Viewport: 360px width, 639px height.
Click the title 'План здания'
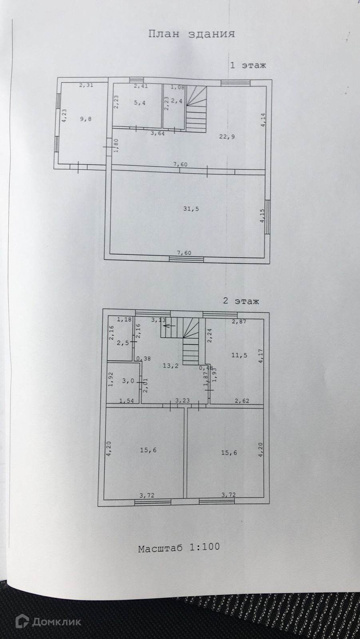point(191,34)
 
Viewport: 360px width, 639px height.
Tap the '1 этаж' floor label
point(248,65)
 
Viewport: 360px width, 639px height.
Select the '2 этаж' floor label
point(241,301)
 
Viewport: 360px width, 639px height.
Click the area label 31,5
point(191,209)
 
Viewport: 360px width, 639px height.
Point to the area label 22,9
point(227,137)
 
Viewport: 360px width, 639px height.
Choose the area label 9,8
point(86,119)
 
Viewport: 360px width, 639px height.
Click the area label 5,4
point(139,103)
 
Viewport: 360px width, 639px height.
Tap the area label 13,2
point(171,366)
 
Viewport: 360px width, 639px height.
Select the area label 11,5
point(239,355)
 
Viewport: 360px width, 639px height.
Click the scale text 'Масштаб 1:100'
point(179,547)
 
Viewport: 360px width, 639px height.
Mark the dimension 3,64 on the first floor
point(157,133)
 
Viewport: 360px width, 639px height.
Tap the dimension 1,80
point(116,145)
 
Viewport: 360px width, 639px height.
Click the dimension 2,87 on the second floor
point(239,321)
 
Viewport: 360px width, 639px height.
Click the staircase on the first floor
point(196,109)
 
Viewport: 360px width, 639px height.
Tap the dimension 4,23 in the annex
point(64,116)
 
